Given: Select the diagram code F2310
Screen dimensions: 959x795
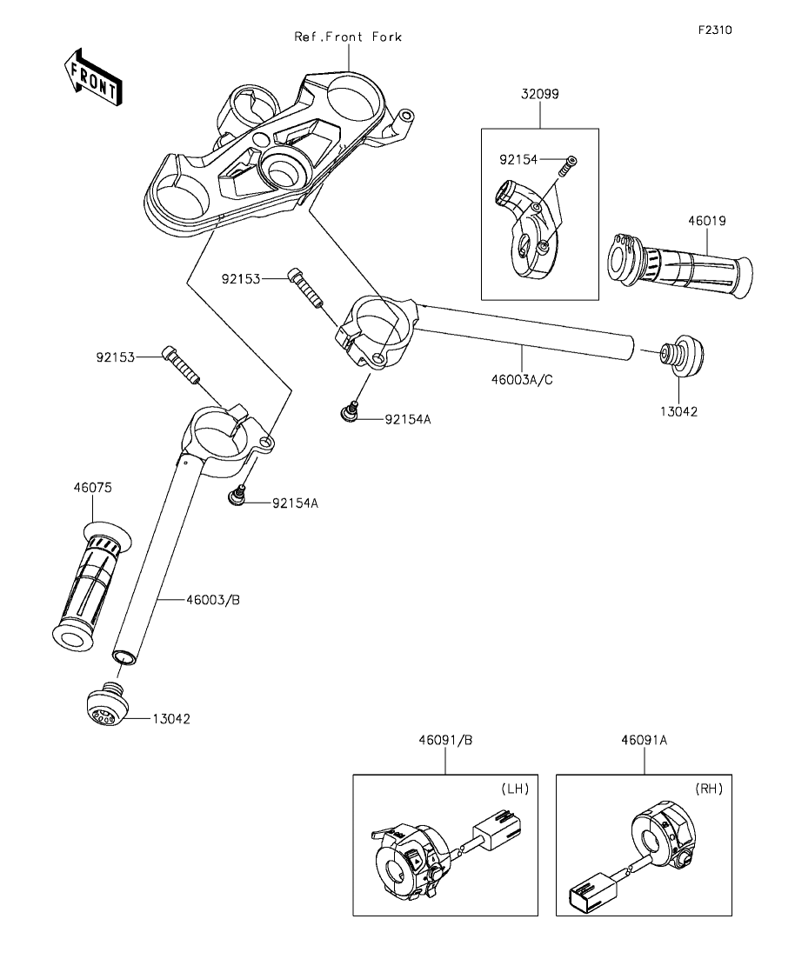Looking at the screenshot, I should (715, 30).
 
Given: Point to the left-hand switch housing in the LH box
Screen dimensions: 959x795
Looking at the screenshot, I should (409, 860).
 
